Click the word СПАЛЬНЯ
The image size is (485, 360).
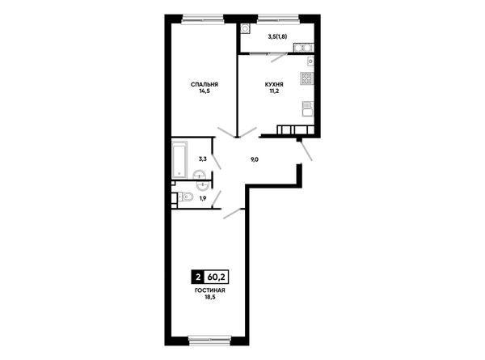(205, 84)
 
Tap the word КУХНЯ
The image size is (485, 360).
(274, 84)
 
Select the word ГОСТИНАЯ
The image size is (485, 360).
(209, 290)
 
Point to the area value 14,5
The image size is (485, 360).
(205, 91)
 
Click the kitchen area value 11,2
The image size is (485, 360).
(274, 91)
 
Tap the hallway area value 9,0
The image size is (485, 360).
(255, 159)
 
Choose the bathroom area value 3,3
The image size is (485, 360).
(203, 159)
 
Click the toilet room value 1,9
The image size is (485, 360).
(203, 198)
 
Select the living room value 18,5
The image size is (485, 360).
(209, 297)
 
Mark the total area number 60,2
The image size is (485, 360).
(216, 277)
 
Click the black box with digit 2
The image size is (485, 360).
(198, 277)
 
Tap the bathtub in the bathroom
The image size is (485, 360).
(179, 160)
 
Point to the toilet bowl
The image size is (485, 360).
(186, 197)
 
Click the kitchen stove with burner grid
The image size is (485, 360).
(307, 78)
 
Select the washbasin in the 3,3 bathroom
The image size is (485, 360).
(200, 175)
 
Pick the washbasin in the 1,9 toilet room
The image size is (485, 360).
(202, 186)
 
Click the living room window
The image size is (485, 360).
(209, 341)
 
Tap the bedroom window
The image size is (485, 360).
(203, 19)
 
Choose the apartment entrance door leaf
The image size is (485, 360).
(306, 150)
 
